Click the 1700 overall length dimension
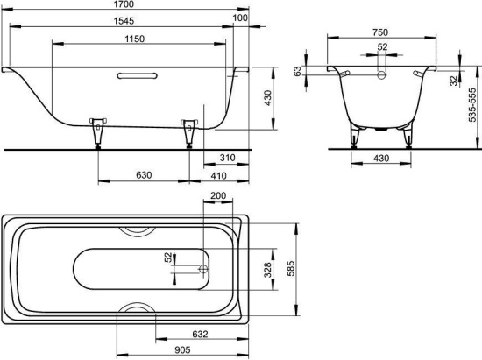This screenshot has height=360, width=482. click(x=124, y=4)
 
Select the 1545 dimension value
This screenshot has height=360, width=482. click(x=124, y=21)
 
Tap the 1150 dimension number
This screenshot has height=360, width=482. click(x=135, y=39)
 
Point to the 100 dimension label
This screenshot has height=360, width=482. click(x=240, y=18)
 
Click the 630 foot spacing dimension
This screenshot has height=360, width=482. click(x=144, y=175)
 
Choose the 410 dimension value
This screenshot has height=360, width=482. click(x=218, y=176)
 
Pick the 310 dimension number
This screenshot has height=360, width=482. click(x=228, y=158)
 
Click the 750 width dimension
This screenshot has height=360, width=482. click(x=380, y=32)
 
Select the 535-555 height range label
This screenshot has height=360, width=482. click(x=472, y=105)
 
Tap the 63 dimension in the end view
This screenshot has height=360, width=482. click(x=297, y=72)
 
